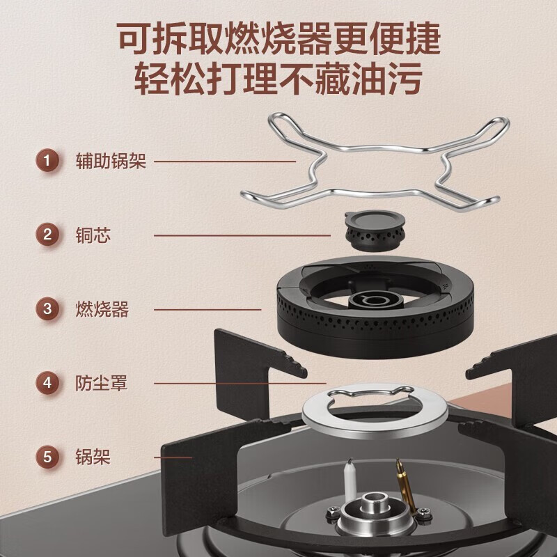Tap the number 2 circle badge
tap(47, 235)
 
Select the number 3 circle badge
tap(47, 308)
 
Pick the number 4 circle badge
tap(47, 382)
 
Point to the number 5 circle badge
tap(47, 457)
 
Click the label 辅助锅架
tap(111, 162)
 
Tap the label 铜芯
tap(93, 235)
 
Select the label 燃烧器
tap(102, 308)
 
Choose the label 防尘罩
tap(102, 382)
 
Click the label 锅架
tap(93, 457)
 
